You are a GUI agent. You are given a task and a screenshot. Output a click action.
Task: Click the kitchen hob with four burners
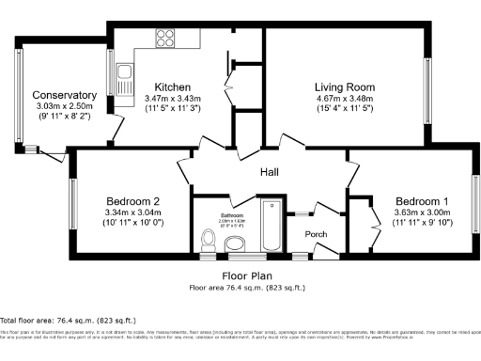pyautogui.click(x=164, y=39)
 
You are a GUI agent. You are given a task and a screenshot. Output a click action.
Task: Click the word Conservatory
pyautogui.click(x=64, y=95)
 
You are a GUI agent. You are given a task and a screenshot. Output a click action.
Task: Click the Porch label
pyautogui.click(x=316, y=234)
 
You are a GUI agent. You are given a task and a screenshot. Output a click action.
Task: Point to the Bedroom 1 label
pyautogui.click(x=421, y=202)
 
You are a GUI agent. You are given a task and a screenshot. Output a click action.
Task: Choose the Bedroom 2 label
pyautogui.click(x=132, y=201)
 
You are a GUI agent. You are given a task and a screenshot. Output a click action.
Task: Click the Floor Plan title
pyautogui.click(x=248, y=276)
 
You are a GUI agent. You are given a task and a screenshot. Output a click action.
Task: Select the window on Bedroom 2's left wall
pyautogui.click(x=72, y=201)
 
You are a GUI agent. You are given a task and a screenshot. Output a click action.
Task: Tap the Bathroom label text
pyautogui.click(x=231, y=215)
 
